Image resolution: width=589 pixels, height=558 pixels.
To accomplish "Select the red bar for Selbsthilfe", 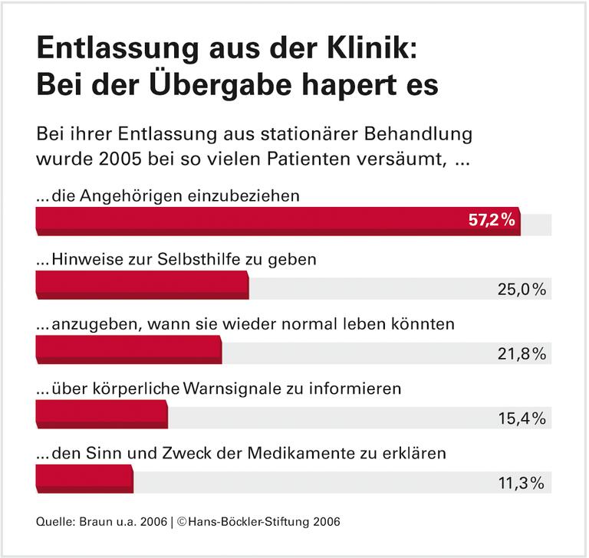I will pyautogui.click(x=142, y=285).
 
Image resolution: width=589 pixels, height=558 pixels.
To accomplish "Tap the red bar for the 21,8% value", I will pyautogui.click(x=129, y=350).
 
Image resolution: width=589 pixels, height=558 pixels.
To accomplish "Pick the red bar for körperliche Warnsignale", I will pyautogui.click(x=101, y=415).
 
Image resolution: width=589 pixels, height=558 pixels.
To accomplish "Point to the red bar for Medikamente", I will pyautogui.click(x=84, y=479).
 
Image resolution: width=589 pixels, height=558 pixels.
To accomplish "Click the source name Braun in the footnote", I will pyautogui.click(x=91, y=522).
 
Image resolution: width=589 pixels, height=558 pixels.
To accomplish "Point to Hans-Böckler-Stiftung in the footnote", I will pyautogui.click(x=245, y=522).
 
